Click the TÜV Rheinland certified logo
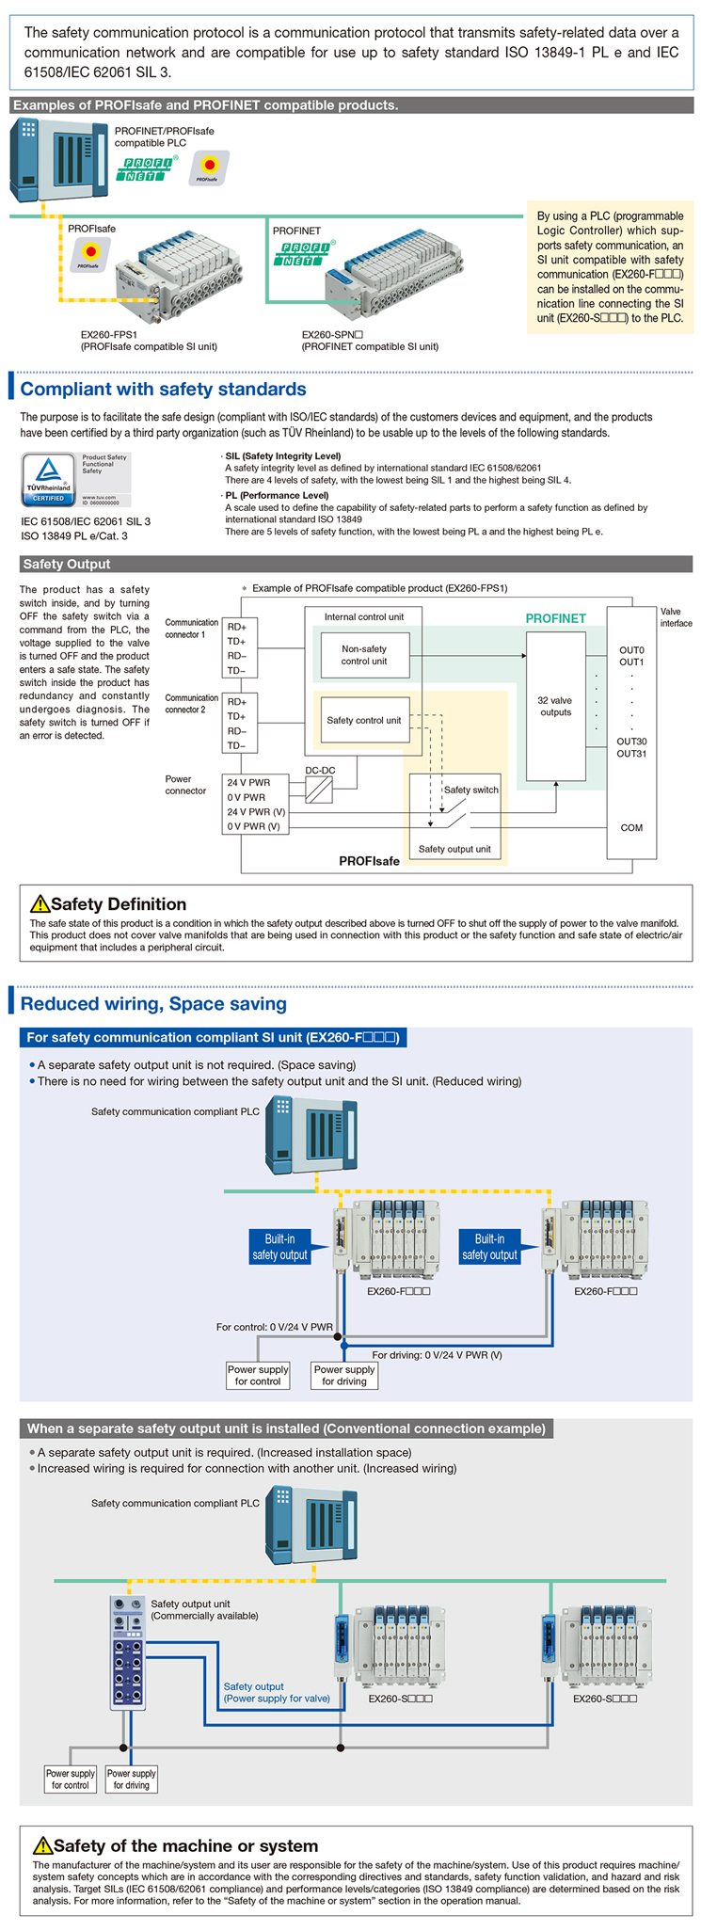[75, 480]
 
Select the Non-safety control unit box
[364, 655]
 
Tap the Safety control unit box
[364, 721]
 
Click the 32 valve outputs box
[555, 706]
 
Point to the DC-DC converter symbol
[320, 789]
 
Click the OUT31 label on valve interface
[631, 754]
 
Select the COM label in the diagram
[631, 828]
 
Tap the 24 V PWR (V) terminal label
[256, 812]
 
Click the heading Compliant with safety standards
[164, 390]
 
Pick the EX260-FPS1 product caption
[149, 340]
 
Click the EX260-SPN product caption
[370, 340]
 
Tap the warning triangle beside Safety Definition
[40, 904]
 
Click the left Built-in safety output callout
[279, 1247]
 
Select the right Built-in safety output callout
[489, 1247]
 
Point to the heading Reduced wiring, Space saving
[153, 1004]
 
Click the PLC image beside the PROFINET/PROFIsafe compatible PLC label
[58, 159]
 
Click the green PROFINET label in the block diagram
[555, 618]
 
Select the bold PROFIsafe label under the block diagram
[369, 861]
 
